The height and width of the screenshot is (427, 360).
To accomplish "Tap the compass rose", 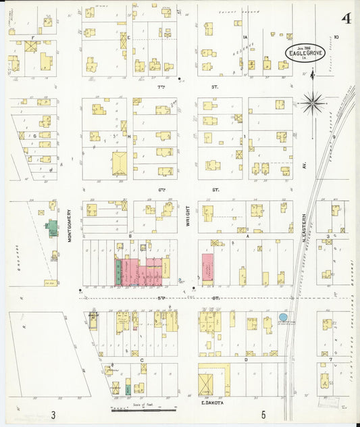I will [312, 103].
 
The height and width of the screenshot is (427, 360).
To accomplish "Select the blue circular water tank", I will [283, 317].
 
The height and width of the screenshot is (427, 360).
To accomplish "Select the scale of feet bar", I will [144, 409].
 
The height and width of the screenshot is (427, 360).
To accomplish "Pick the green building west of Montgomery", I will [52, 228].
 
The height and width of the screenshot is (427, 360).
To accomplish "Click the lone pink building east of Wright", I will [208, 268].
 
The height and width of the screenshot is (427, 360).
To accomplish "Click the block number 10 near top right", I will [335, 37].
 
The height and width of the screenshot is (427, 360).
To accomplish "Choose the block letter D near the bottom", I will [245, 359].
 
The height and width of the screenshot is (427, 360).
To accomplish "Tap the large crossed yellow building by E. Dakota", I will [205, 384].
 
